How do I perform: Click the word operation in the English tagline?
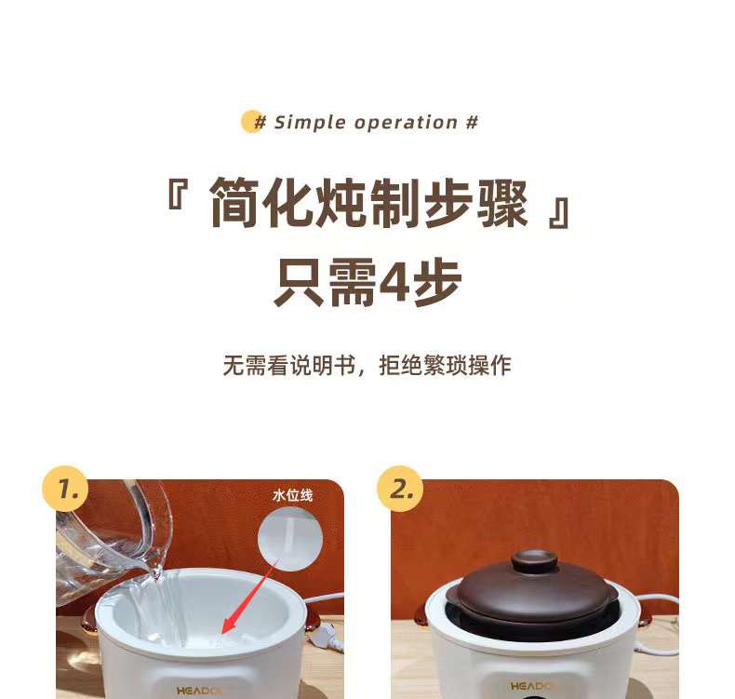pos(406,123)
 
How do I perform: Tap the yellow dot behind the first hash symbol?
pos(252,121)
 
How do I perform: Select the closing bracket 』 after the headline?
pos(559,213)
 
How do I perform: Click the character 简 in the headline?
pos(234,203)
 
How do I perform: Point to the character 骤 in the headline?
pos(502,203)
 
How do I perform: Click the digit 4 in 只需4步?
pos(394,281)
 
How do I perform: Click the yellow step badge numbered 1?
pos(65,489)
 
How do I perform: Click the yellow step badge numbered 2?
pos(400,489)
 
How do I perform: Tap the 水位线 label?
pos(292,495)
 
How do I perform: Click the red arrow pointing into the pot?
pos(249,597)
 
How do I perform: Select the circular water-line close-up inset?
pos(290,538)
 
